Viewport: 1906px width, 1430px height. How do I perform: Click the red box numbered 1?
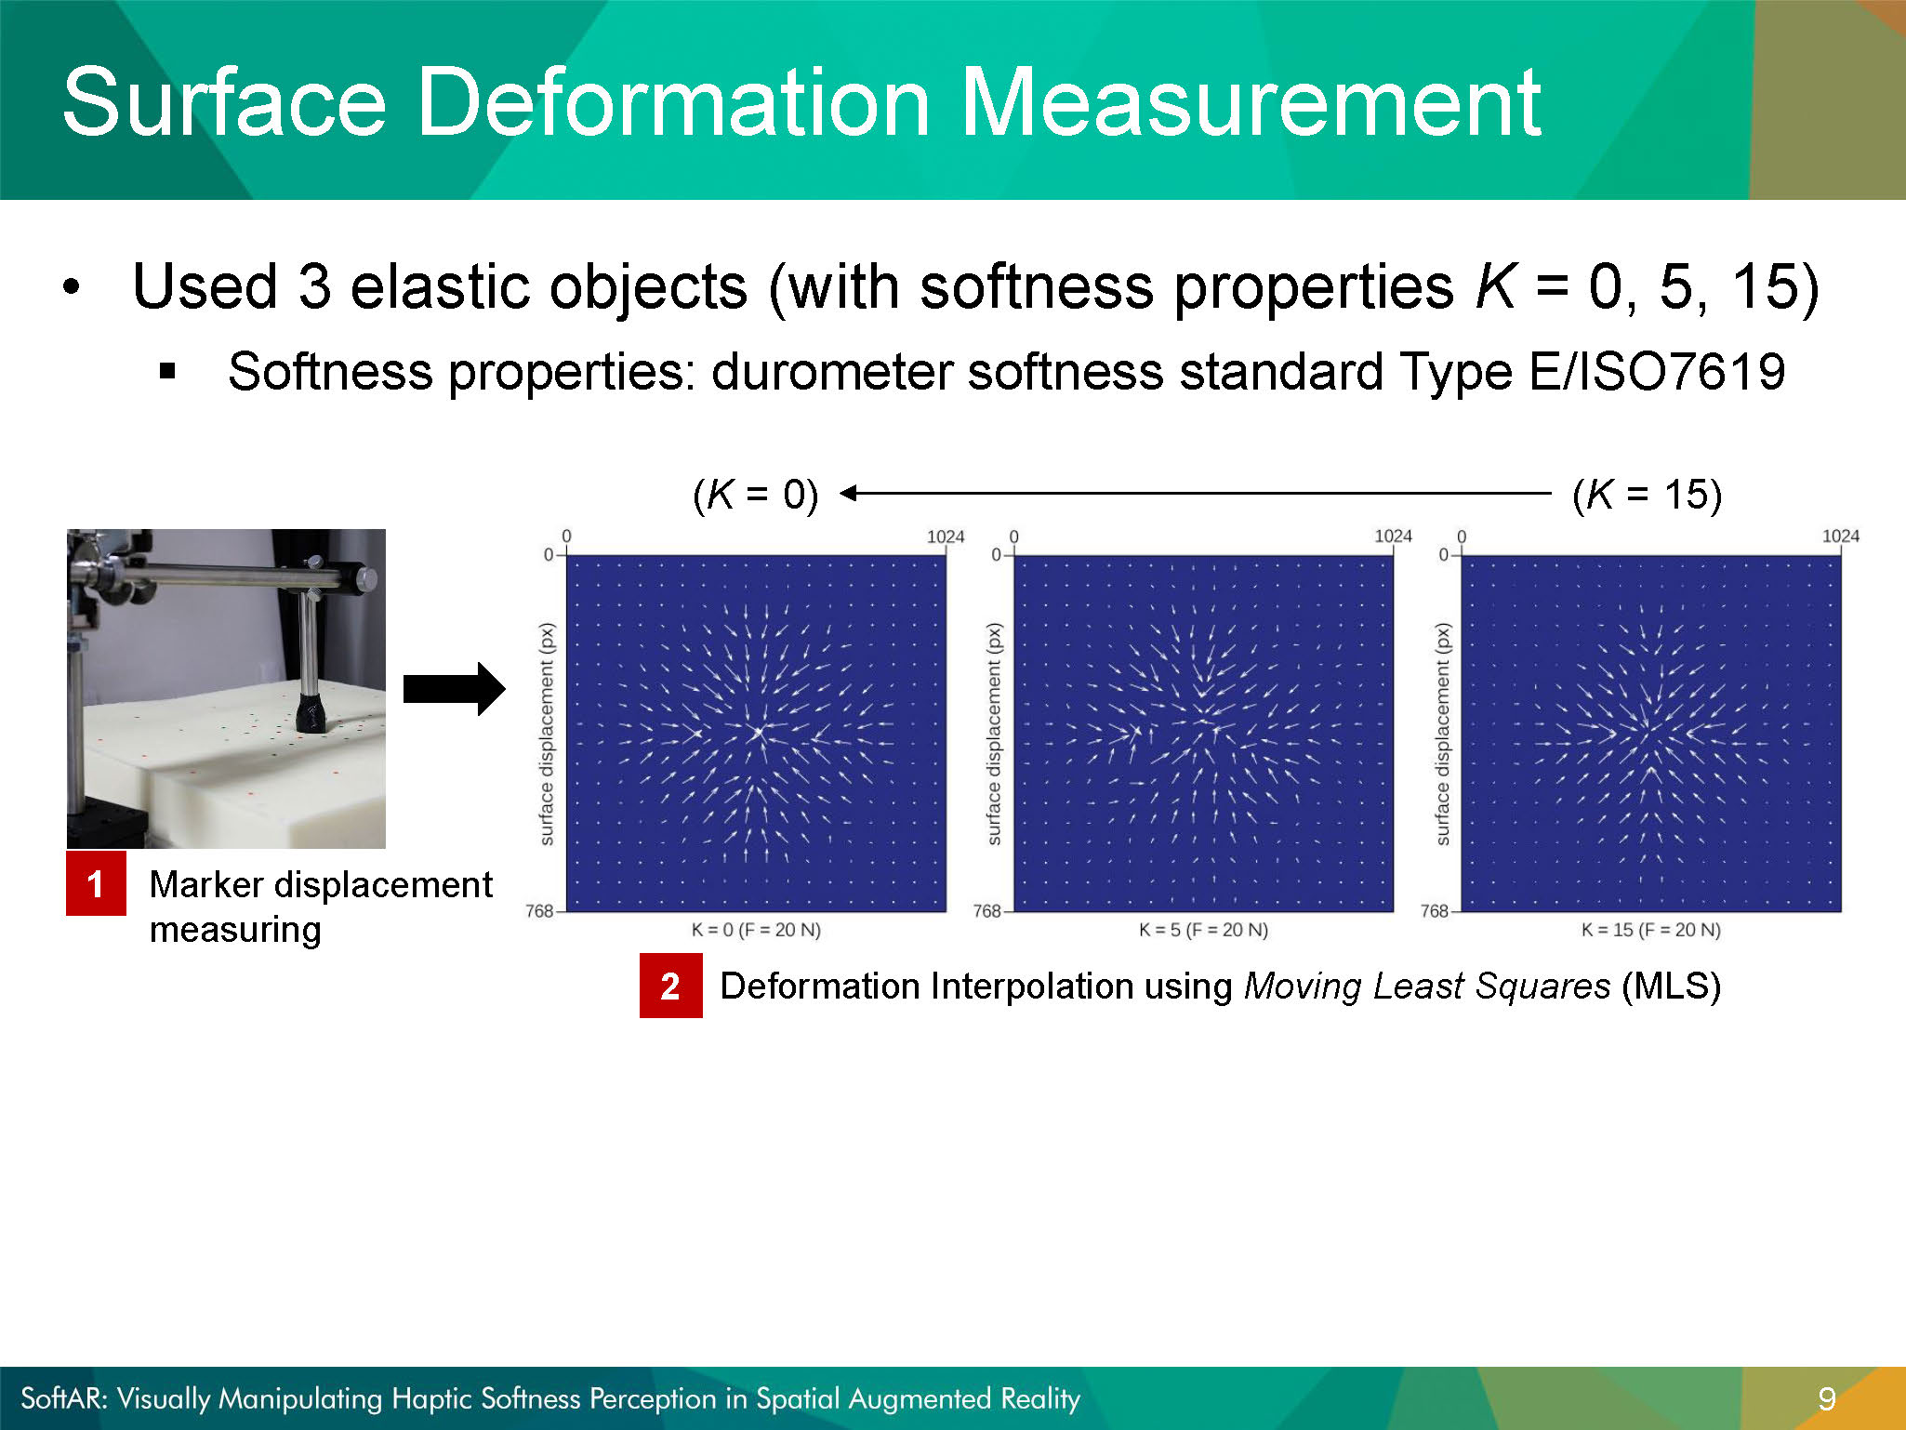pyautogui.click(x=96, y=883)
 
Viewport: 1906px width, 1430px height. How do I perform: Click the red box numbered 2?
pyautogui.click(x=670, y=986)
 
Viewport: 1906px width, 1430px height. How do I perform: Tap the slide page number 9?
pyautogui.click(x=1826, y=1398)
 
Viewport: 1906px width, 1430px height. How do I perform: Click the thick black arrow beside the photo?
pyautogui.click(x=455, y=689)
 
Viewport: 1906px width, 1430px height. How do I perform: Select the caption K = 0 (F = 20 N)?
pyautogui.click(x=756, y=930)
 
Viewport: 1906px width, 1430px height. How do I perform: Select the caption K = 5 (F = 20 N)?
pyautogui.click(x=1203, y=930)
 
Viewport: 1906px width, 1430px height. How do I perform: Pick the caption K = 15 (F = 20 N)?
pyautogui.click(x=1650, y=930)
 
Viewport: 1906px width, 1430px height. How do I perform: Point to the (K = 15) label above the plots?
pyautogui.click(x=1647, y=495)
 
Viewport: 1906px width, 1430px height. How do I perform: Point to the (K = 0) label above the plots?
pyautogui.click(x=756, y=495)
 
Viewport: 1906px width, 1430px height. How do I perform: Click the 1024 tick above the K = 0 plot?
pyautogui.click(x=946, y=536)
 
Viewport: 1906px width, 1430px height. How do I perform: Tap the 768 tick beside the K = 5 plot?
pyautogui.click(x=986, y=911)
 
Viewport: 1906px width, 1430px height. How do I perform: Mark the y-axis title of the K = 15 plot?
pyautogui.click(x=1442, y=734)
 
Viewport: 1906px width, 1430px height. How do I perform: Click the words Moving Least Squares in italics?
pyautogui.click(x=1427, y=986)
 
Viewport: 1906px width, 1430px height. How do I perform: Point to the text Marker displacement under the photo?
pyautogui.click(x=321, y=885)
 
